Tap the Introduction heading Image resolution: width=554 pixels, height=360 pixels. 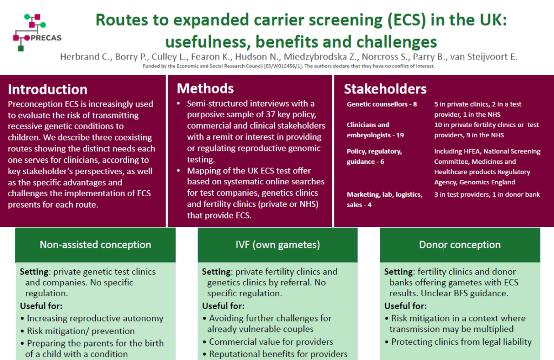(48, 90)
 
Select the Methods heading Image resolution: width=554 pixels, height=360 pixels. (205, 89)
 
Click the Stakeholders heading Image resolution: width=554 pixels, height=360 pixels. (385, 89)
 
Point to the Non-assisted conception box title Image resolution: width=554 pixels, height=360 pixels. (95, 245)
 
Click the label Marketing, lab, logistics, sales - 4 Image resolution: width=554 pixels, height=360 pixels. (384, 199)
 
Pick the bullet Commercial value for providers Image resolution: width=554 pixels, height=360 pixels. (271, 342)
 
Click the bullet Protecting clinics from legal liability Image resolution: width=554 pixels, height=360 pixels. (461, 342)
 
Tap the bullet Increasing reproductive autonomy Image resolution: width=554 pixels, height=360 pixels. (95, 318)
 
